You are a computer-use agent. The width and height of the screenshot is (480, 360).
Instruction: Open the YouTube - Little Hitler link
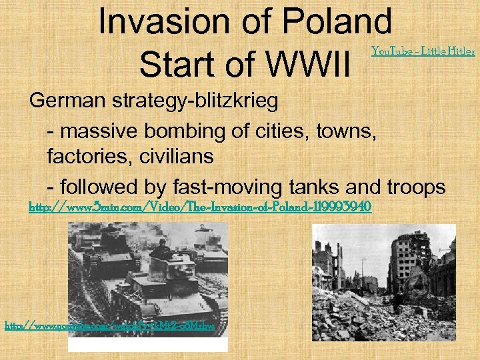423,50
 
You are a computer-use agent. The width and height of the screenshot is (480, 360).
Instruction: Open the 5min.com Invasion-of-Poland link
199,207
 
